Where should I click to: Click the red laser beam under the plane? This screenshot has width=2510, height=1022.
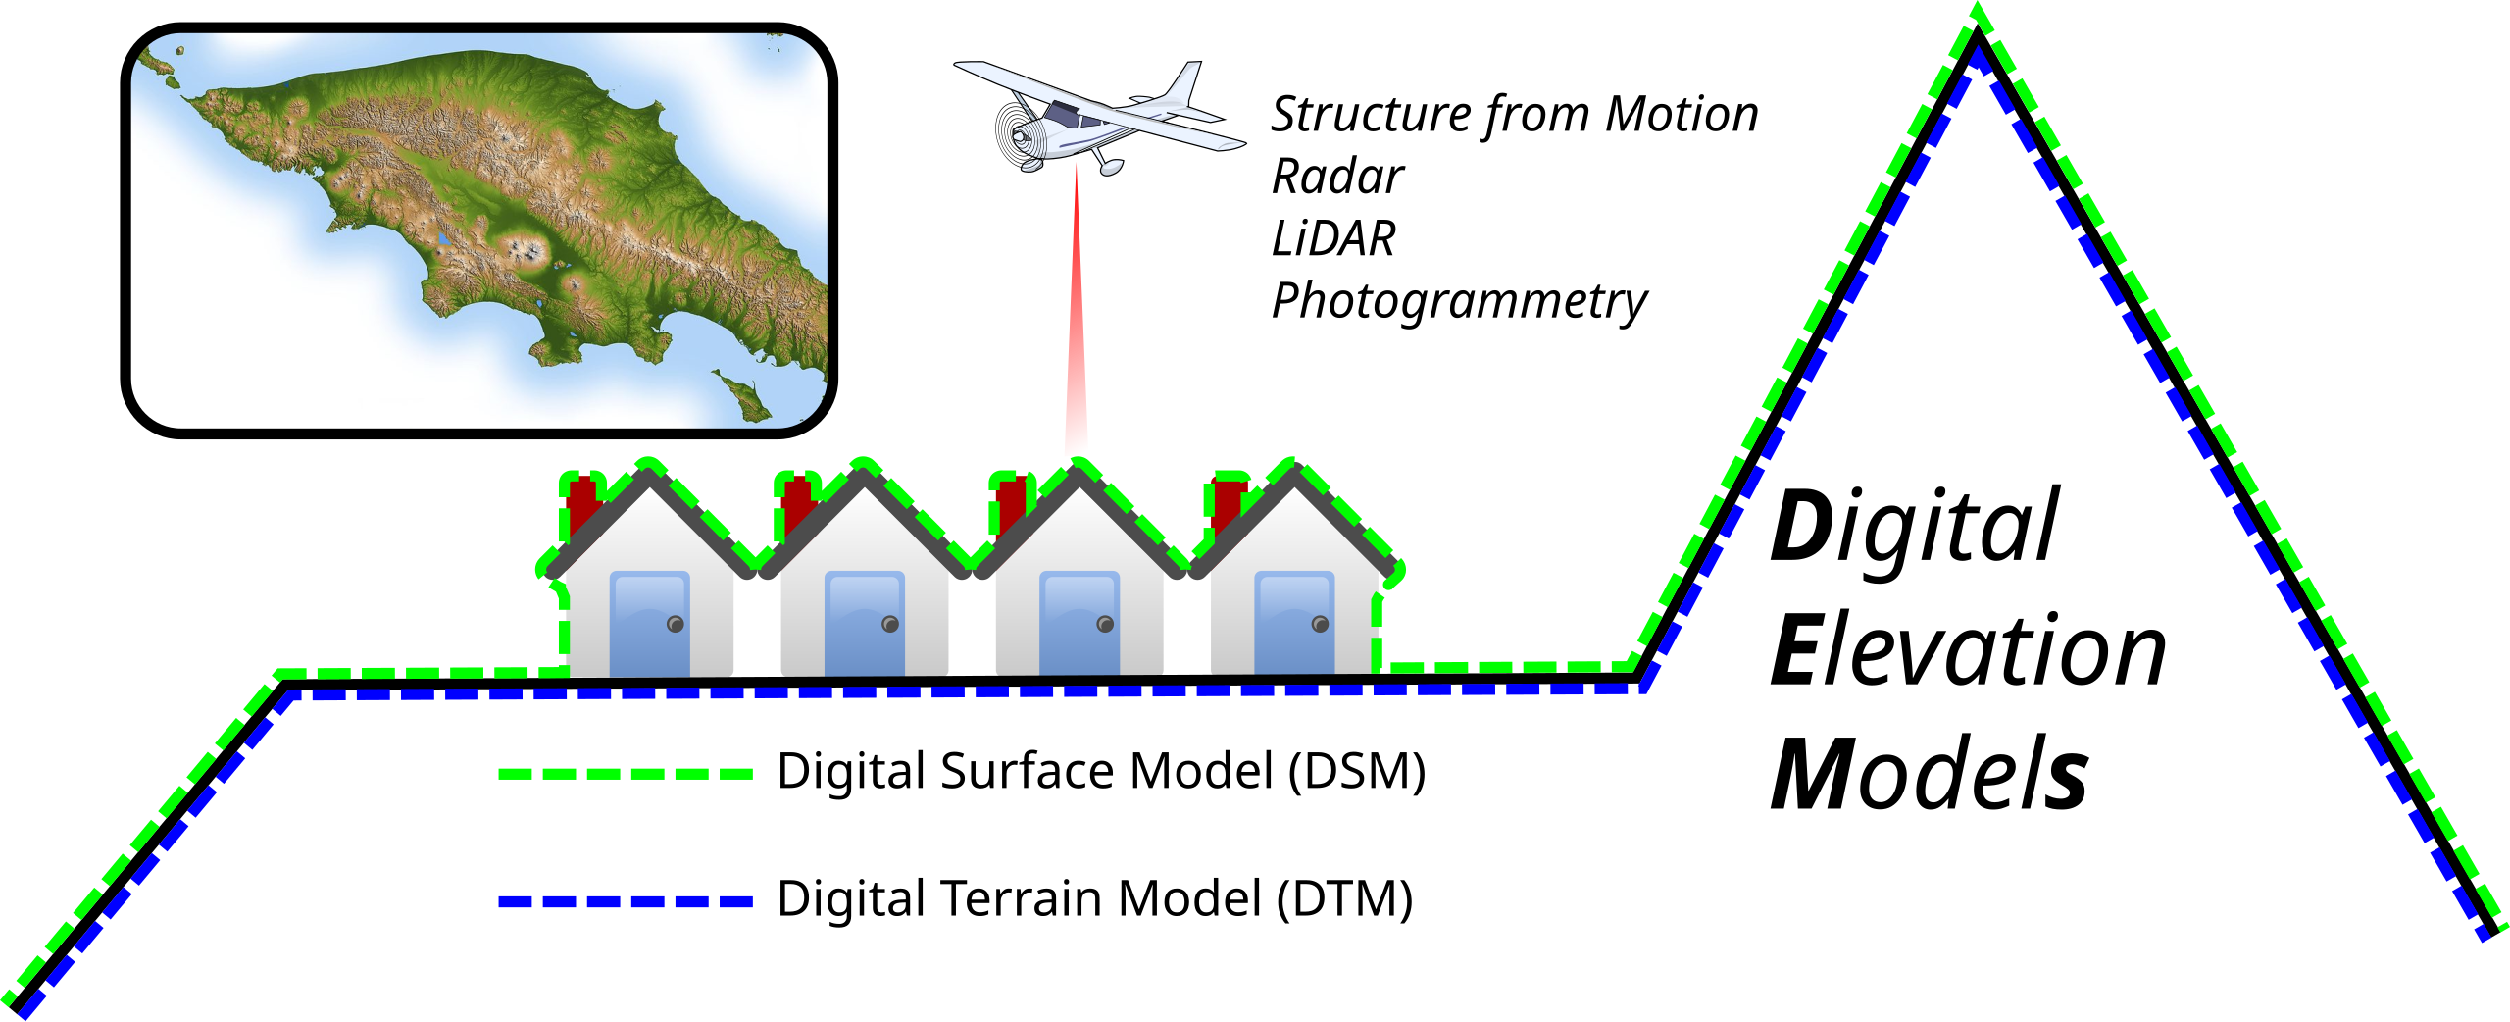[x=1077, y=343]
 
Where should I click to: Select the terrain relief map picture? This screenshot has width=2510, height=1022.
[x=478, y=230]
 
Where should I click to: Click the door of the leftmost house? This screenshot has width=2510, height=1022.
[x=649, y=623]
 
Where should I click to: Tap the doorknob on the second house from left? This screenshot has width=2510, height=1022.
[x=890, y=624]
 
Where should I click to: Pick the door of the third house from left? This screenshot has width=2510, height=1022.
[x=1079, y=623]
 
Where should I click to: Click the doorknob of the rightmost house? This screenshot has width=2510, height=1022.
[x=1320, y=624]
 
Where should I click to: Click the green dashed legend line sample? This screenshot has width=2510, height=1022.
[x=625, y=774]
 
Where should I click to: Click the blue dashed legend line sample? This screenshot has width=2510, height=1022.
[x=625, y=901]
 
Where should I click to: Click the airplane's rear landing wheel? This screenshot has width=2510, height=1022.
[x=1110, y=169]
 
